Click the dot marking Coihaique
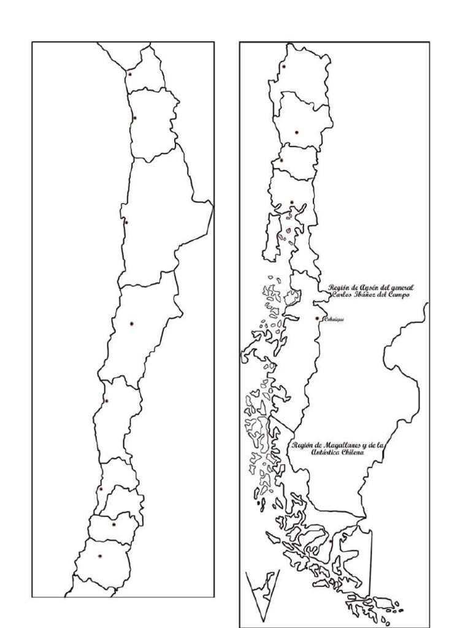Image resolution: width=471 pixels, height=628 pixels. [316, 318]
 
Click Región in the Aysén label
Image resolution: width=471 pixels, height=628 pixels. [340, 288]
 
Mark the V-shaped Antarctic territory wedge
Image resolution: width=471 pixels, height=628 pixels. [262, 592]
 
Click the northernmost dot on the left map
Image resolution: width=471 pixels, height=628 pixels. [130, 74]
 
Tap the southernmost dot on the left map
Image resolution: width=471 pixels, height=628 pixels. [100, 556]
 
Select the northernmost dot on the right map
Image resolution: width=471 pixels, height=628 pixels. [285, 66]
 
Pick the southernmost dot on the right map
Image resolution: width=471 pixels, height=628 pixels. [331, 541]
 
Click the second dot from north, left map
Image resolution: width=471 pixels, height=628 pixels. [135, 118]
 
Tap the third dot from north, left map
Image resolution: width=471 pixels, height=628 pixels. [126, 223]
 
